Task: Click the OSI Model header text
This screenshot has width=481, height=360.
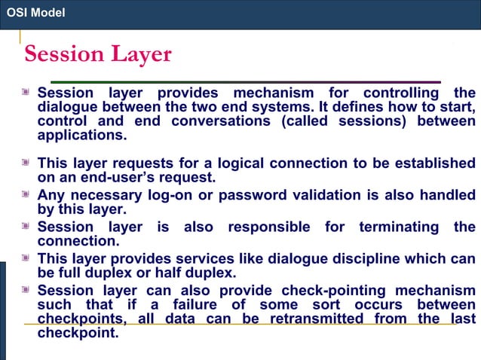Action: tap(35, 13)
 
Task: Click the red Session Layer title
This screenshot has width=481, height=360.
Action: tap(98, 54)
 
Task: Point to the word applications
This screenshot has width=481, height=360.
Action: tap(80, 136)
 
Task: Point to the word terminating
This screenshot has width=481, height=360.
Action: tap(399, 227)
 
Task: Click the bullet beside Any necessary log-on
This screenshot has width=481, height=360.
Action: tap(28, 194)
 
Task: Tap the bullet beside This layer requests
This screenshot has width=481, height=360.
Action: tap(28, 163)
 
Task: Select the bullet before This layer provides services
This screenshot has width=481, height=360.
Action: tap(28, 258)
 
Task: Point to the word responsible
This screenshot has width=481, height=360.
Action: tap(268, 227)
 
